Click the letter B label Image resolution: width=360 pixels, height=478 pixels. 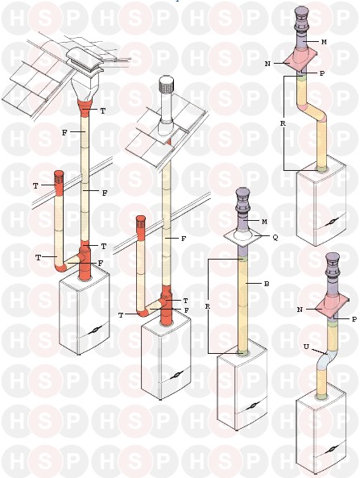coord(267,284)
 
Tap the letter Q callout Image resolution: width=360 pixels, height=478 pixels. coord(275,238)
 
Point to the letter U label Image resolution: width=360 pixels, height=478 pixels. coord(306,347)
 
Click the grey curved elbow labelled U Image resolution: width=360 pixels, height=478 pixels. coord(326,360)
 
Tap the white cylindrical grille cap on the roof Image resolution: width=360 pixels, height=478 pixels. coord(166,85)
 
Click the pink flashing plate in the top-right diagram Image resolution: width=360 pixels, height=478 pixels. coord(300,61)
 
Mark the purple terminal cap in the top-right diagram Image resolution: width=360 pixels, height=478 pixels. coord(301,19)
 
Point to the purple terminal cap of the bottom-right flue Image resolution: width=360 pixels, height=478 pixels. coord(333,264)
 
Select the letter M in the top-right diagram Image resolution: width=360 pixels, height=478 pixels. coord(324,43)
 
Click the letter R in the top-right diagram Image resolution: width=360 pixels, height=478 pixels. coord(283,124)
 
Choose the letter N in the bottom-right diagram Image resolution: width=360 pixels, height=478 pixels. coord(300,310)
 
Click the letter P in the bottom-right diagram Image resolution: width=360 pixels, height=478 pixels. coord(354,319)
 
